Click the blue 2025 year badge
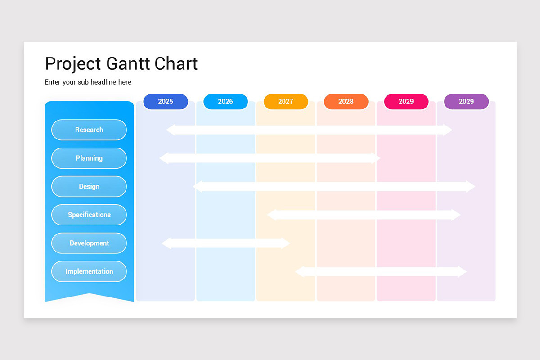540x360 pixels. click(165, 102)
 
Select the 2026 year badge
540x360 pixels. click(225, 102)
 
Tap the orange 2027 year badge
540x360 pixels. click(286, 102)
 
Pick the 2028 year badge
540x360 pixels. click(346, 102)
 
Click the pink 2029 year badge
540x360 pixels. click(406, 102)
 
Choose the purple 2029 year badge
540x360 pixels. click(466, 102)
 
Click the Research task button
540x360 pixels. click(89, 130)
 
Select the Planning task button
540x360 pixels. click(89, 158)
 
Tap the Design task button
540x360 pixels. click(89, 187)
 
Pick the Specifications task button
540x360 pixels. click(89, 215)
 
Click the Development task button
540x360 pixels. click(89, 243)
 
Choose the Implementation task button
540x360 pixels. click(89, 272)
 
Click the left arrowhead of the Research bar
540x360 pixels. click(171, 130)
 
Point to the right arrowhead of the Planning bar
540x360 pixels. click(376, 158)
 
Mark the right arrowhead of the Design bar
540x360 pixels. click(471, 187)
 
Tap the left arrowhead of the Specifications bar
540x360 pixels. click(271, 215)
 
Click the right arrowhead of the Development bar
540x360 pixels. click(286, 243)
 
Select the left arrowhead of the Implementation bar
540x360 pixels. click(299, 272)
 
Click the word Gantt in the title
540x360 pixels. click(128, 64)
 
